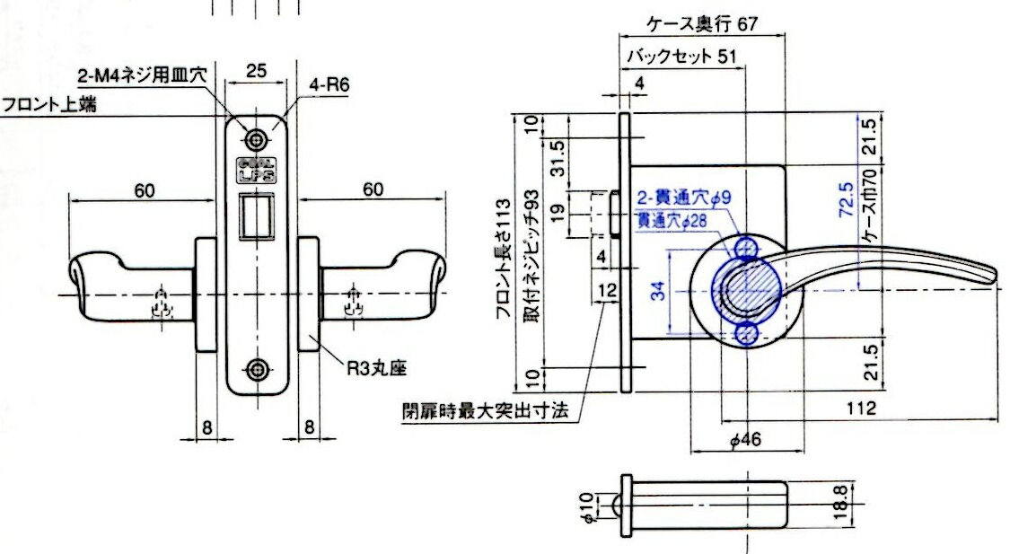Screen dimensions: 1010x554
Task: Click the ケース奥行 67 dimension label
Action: pyautogui.click(x=702, y=24)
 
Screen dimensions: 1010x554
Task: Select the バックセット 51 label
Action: pyautogui.click(x=681, y=56)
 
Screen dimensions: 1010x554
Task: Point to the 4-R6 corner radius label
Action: pyautogui.click(x=329, y=84)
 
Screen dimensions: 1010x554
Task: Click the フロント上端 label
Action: pyautogui.click(x=49, y=104)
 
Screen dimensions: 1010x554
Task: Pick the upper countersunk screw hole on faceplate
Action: pyautogui.click(x=258, y=140)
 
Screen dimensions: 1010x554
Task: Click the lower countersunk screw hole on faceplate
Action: pyautogui.click(x=258, y=369)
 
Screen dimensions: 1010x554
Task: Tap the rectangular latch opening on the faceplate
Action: pyautogui.click(x=257, y=216)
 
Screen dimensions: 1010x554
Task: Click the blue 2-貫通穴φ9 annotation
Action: pyautogui.click(x=684, y=198)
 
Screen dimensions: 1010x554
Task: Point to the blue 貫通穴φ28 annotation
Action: pyautogui.click(x=672, y=221)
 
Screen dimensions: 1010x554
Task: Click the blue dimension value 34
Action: pyautogui.click(x=657, y=292)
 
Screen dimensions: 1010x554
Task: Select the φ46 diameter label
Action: pyautogui.click(x=745, y=440)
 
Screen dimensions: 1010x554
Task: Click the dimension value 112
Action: pyautogui.click(x=861, y=408)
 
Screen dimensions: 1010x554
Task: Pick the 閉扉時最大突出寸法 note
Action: pyautogui.click(x=486, y=411)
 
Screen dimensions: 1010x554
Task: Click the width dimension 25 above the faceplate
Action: pyautogui.click(x=256, y=70)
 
